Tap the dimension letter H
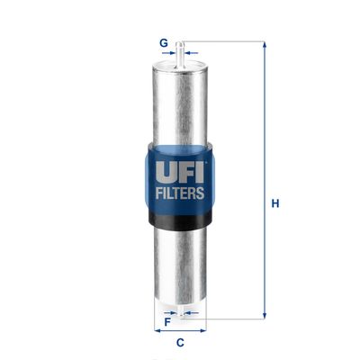pyautogui.click(x=275, y=203)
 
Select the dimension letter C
pyautogui.click(x=180, y=343)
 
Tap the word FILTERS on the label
pyautogui.click(x=180, y=192)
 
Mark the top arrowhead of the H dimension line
pyautogui.click(x=264, y=45)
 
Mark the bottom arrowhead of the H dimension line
pyautogui.click(x=264, y=316)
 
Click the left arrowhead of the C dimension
pyautogui.click(x=157, y=330)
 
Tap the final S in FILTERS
pyautogui.click(x=202, y=192)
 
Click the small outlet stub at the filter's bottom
pyautogui.click(x=181, y=312)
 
